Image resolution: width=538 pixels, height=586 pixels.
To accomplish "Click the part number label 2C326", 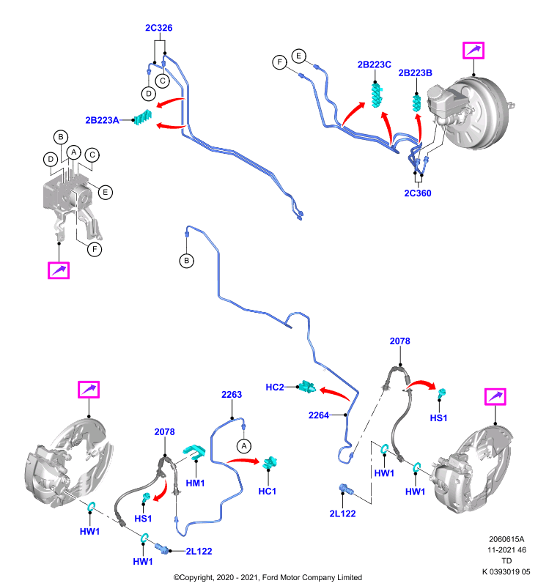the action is click(x=158, y=28).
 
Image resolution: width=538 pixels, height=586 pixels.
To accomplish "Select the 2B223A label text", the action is click(x=102, y=120).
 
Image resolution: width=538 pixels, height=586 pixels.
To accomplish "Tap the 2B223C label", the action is click(x=375, y=64).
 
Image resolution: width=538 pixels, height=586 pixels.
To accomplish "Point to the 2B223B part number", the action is click(x=415, y=73).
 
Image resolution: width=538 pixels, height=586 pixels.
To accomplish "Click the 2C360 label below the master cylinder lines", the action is click(x=418, y=193).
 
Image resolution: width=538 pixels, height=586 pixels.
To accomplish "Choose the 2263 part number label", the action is click(x=232, y=395).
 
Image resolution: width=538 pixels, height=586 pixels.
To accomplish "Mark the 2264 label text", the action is click(x=319, y=415).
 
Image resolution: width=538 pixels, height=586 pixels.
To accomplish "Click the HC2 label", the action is click(x=275, y=387).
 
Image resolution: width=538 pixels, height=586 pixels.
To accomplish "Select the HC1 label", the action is click(x=268, y=491).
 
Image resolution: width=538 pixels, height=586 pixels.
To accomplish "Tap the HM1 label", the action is click(x=195, y=483).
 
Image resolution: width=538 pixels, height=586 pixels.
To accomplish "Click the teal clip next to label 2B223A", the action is click(x=143, y=118).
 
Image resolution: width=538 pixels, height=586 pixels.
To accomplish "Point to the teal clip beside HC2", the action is click(x=307, y=387).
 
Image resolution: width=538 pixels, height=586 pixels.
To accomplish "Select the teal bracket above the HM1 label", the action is click(x=195, y=451).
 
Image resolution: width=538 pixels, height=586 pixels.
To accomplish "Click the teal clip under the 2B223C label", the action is click(x=377, y=95).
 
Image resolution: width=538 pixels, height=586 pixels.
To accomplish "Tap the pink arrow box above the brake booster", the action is click(x=473, y=51).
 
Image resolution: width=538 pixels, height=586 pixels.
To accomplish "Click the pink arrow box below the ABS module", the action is click(x=59, y=270).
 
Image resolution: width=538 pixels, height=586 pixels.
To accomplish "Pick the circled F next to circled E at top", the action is click(x=280, y=62).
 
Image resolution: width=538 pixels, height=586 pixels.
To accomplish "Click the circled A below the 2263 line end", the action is click(x=244, y=446).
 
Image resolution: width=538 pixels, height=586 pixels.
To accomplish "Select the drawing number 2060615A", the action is click(x=506, y=539).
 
